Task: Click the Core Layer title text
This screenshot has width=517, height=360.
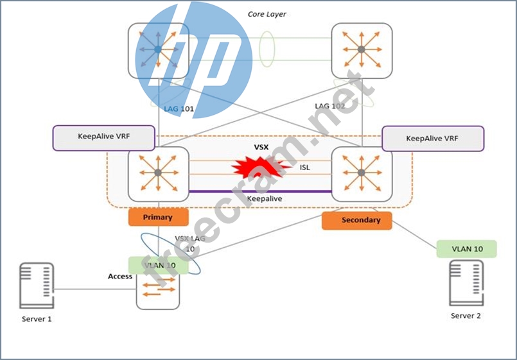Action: click(x=267, y=13)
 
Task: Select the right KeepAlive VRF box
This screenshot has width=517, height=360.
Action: click(x=433, y=138)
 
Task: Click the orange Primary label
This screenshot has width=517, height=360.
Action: click(x=158, y=217)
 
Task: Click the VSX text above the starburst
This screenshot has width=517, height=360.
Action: click(x=261, y=147)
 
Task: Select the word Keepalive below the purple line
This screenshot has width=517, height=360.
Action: click(x=263, y=199)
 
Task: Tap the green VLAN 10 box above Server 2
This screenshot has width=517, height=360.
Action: click(x=466, y=248)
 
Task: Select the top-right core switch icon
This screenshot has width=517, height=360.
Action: click(x=362, y=49)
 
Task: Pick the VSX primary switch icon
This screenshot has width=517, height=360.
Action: click(x=158, y=173)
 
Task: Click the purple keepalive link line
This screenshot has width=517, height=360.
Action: click(x=259, y=191)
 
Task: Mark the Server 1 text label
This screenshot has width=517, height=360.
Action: click(x=35, y=319)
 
